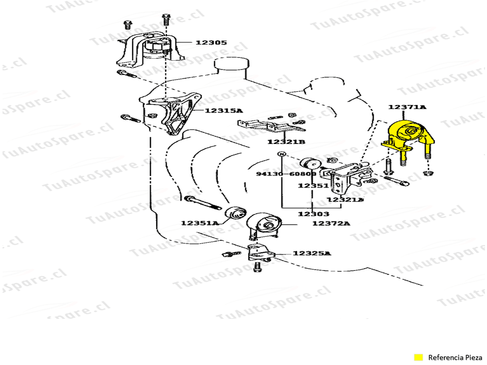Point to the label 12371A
pos(407,107)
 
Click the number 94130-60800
pos(286,174)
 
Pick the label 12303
pos(313,214)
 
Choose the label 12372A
pos(331,224)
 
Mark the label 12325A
pos(311,253)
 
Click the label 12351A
pos(199,223)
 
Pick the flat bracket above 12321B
pos(262,125)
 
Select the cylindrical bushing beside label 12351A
pos(236,213)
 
